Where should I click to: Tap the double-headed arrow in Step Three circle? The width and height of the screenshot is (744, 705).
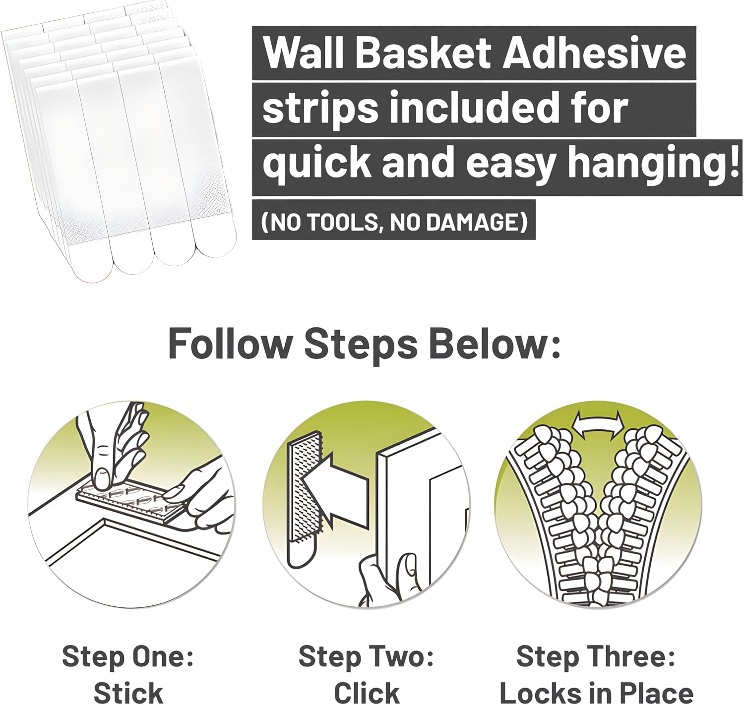click(x=598, y=426)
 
